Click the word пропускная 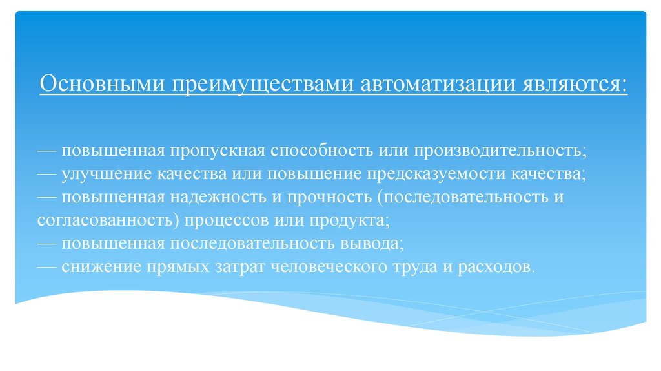(x=218, y=151)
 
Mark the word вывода (x=374, y=244)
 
